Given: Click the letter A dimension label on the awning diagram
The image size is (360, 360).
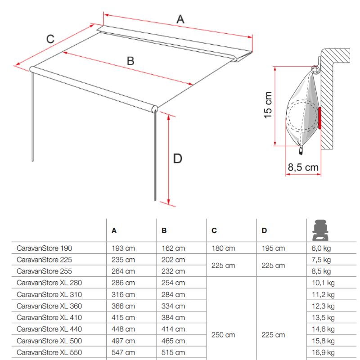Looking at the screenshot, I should click(x=180, y=19).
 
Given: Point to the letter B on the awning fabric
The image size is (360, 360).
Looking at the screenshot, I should click(x=130, y=61).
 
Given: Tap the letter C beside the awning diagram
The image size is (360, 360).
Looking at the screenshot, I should click(x=50, y=39).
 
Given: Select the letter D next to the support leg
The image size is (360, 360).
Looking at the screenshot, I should click(x=178, y=158).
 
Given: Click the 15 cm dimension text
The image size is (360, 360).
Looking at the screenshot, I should click(x=268, y=105).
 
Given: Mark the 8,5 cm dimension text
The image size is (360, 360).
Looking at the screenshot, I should click(x=303, y=168).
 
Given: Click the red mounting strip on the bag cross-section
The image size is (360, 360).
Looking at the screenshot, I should click(x=319, y=118).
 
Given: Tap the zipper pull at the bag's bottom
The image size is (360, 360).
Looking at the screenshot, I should click(x=301, y=148).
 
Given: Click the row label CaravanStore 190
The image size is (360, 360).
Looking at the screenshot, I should click(x=44, y=248).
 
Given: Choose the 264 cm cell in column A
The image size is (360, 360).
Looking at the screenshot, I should click(x=123, y=271).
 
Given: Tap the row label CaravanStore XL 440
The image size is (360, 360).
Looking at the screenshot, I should click(x=49, y=329).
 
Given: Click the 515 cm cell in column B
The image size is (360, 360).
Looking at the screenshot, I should click(x=173, y=352).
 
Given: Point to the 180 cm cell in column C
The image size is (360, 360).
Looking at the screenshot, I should click(x=223, y=248).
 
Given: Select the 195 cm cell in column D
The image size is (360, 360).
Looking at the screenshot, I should click(x=273, y=248).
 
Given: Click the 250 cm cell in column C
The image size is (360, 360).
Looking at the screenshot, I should click(x=223, y=335).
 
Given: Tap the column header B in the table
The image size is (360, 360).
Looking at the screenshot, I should click(x=164, y=230).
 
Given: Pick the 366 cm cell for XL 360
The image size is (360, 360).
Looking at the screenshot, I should click(x=123, y=306).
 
